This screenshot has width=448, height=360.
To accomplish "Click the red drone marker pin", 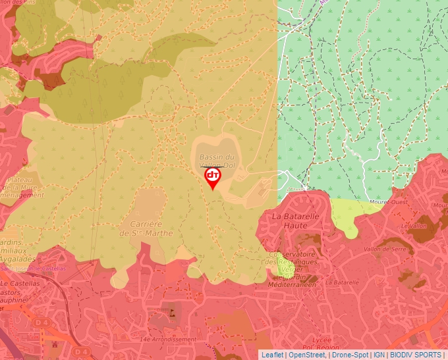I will (213, 177).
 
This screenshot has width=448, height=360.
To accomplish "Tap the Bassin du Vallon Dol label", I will (217, 161).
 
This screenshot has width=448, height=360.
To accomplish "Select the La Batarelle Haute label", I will (296, 220).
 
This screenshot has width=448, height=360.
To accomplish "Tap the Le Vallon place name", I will (418, 226).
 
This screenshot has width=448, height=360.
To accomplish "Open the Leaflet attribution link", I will (272, 355).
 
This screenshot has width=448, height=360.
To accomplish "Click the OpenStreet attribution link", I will (307, 355).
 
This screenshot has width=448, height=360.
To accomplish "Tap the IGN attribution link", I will (379, 355).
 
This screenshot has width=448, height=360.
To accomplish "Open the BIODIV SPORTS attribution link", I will (416, 355).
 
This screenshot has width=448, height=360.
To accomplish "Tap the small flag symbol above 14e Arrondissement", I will (173, 313).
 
